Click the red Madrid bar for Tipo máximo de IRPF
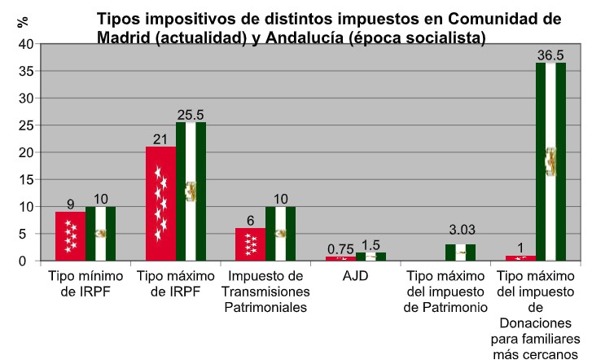click(x=160, y=204)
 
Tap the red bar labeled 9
click(x=70, y=236)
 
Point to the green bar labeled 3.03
click(x=460, y=252)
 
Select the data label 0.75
click(x=340, y=249)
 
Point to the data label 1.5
click(x=371, y=245)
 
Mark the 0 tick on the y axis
click(x=27, y=261)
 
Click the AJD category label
click(x=355, y=276)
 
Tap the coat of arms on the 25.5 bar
click(x=191, y=191)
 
